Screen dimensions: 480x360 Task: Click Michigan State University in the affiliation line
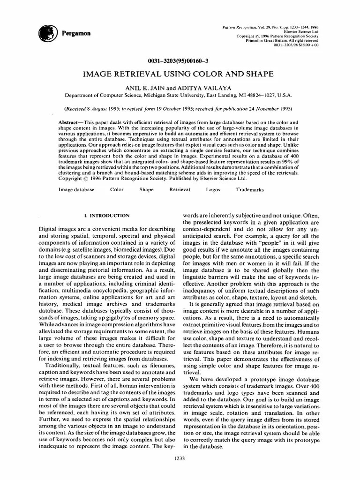click(172, 95)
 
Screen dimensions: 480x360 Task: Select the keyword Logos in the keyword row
click(213, 190)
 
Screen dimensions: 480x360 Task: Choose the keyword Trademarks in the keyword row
click(250, 190)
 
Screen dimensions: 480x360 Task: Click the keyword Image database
click(76, 190)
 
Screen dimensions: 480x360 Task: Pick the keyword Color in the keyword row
click(117, 190)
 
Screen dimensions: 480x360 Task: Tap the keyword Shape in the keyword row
click(146, 190)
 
